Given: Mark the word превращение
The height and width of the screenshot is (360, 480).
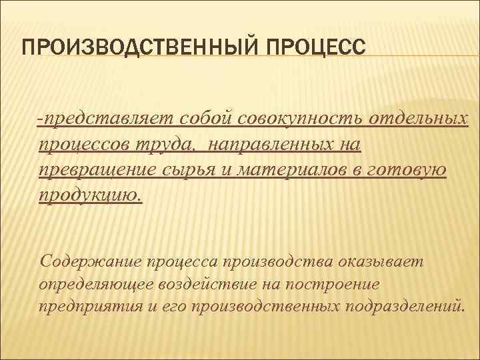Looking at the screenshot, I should (x=97, y=170).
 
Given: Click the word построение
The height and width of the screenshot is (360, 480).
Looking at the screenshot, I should (x=333, y=283).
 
